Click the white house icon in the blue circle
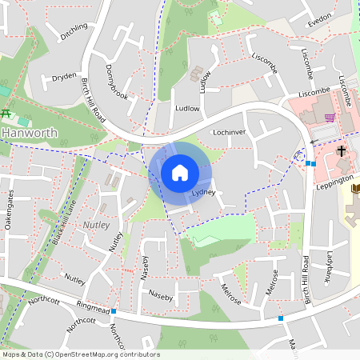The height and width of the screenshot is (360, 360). tap(180, 172)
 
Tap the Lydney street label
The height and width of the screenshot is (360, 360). tap(205, 194)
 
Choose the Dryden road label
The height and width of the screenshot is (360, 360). tap(64, 77)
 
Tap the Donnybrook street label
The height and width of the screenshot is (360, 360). tap(117, 81)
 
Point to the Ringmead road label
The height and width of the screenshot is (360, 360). tap(94, 306)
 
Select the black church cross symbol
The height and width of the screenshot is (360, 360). tap(341, 150)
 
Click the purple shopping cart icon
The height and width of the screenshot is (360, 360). tap(329, 118)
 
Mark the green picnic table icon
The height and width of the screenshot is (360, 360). tap(6, 113)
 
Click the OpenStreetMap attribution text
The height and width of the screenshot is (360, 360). tap(80, 354)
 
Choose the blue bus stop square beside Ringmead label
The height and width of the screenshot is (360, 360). tap(114, 310)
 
